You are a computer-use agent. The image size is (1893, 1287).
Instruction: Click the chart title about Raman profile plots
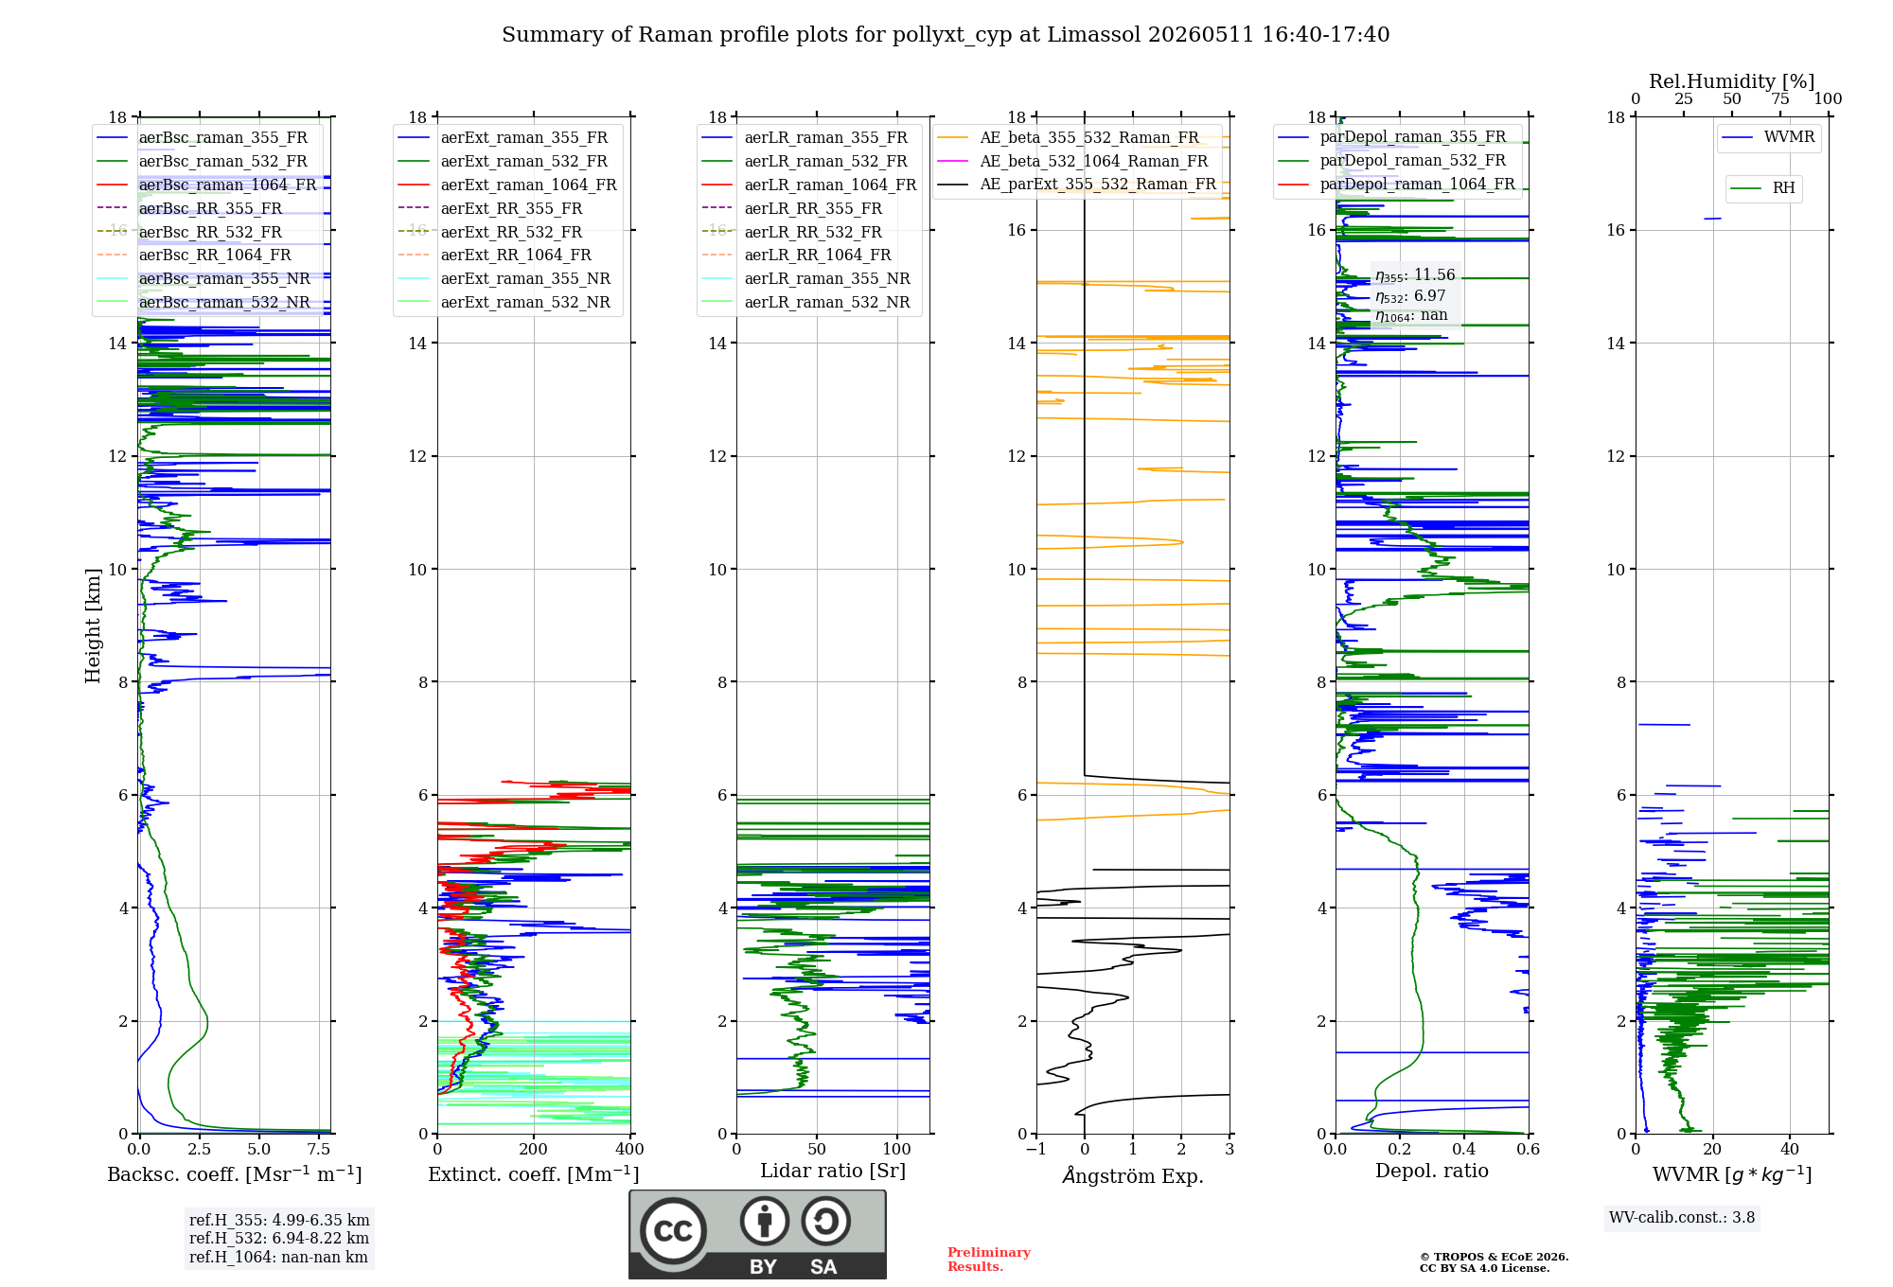coord(946,35)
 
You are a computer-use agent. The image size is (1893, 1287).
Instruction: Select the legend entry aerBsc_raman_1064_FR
coord(227,185)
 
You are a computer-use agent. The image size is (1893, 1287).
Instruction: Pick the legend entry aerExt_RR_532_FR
coord(511,232)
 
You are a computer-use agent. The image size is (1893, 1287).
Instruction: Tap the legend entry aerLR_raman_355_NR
coord(827,278)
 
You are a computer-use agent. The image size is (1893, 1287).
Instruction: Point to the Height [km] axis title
coord(93,626)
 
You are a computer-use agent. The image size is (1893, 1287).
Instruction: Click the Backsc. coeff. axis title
coord(235,1174)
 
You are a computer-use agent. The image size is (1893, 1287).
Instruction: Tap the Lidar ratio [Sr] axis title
coord(833,1172)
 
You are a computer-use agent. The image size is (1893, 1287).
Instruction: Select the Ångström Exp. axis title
coord(1133,1175)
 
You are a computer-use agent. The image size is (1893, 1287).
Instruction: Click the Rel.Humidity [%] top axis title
coord(1732,81)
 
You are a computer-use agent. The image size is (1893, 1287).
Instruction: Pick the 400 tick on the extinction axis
coord(630,1150)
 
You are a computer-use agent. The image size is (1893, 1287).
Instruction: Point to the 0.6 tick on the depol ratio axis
coord(1529,1150)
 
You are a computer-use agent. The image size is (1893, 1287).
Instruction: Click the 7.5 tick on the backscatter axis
coord(319,1150)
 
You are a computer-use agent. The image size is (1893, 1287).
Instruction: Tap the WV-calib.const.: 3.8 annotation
coord(1682,1218)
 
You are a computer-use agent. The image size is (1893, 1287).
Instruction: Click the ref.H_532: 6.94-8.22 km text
coord(279,1239)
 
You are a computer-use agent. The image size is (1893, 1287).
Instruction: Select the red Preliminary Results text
coord(989,1260)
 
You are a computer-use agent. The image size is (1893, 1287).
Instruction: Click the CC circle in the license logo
coord(674,1231)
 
